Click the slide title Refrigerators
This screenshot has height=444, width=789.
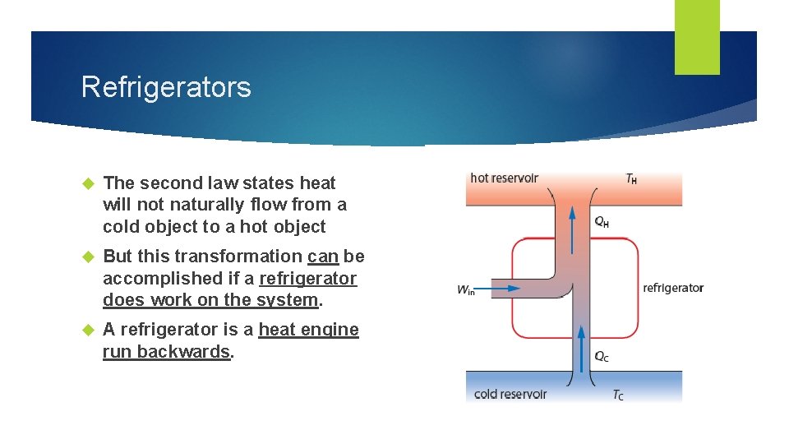[x=166, y=87]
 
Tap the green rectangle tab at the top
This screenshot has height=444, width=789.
[x=697, y=36]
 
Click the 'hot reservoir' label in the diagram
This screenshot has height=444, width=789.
[x=504, y=178]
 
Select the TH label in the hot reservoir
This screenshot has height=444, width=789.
[x=631, y=178]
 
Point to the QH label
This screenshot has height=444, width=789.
[x=602, y=221]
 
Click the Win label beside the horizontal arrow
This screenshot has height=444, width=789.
[x=466, y=289]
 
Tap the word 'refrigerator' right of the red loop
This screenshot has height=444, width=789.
[x=673, y=288]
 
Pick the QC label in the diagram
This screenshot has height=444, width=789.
[x=602, y=357]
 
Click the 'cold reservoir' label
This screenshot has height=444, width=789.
[x=510, y=394]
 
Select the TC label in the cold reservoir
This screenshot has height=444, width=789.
[x=618, y=395]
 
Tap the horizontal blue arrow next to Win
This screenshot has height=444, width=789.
[x=501, y=289]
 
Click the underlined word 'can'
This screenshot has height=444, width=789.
[x=323, y=257]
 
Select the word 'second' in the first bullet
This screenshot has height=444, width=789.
[x=169, y=183]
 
